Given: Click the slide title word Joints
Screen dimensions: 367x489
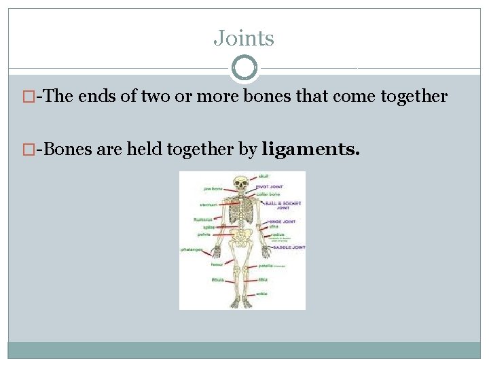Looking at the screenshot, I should click(244, 38).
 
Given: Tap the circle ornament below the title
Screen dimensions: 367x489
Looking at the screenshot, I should click(244, 68).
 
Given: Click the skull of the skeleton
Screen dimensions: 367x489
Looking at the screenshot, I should click(240, 182).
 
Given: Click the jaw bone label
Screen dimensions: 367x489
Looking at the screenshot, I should click(213, 188).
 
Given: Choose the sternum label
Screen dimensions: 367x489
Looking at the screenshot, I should click(208, 204).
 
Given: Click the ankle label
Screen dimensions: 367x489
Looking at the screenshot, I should click(261, 294).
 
